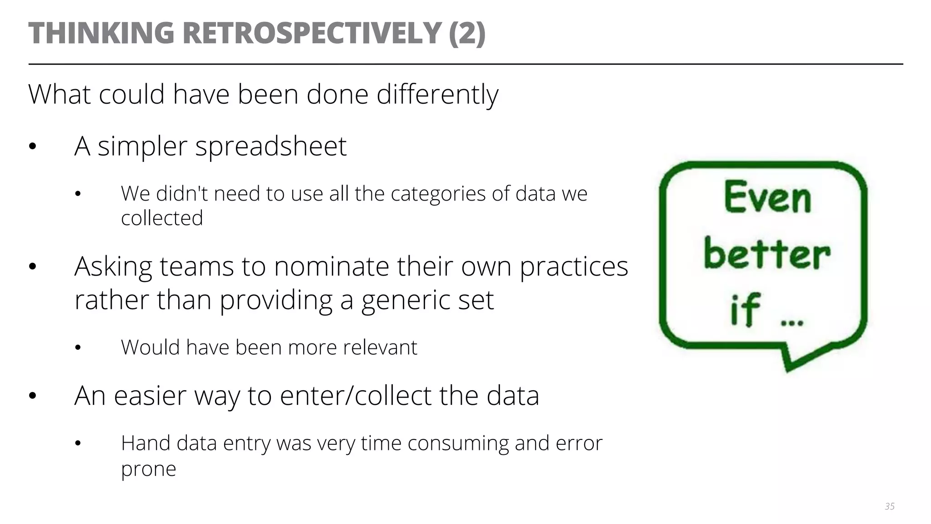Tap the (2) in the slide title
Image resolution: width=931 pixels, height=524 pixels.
pyautogui.click(x=467, y=33)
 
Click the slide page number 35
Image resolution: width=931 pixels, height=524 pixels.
pyautogui.click(x=890, y=506)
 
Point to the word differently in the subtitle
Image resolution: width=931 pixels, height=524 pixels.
pyautogui.click(x=437, y=95)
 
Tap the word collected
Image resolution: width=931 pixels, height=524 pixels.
pyautogui.click(x=162, y=218)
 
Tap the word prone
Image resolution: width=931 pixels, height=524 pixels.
pyautogui.click(x=148, y=469)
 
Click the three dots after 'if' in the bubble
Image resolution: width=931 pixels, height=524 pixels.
pyautogui.click(x=792, y=323)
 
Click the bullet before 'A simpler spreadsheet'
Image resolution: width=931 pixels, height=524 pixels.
pyautogui.click(x=32, y=147)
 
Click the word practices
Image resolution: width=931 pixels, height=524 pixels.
pyautogui.click(x=574, y=267)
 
